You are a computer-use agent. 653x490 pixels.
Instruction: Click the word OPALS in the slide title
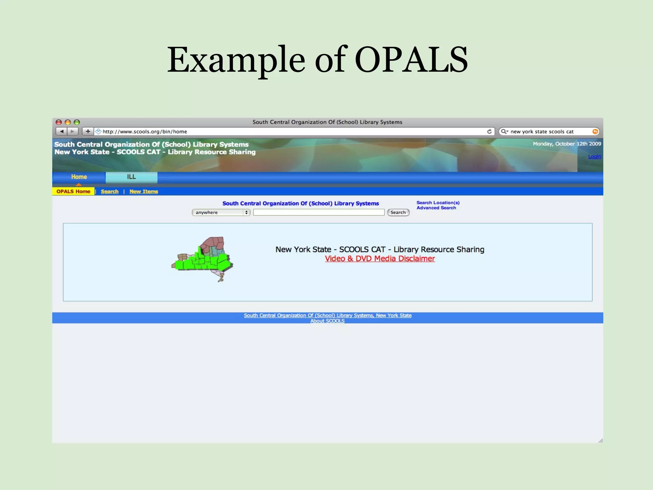[411, 60]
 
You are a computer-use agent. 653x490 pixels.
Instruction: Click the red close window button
[59, 122]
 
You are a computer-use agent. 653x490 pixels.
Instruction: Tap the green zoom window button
[77, 122]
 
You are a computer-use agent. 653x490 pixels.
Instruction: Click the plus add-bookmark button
[88, 131]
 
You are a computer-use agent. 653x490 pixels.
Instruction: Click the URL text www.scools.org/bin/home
[145, 131]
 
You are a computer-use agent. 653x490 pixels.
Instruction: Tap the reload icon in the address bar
[489, 131]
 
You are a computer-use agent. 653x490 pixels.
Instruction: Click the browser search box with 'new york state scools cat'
[545, 131]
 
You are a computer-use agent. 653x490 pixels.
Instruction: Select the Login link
[594, 156]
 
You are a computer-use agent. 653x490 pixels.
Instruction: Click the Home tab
[79, 177]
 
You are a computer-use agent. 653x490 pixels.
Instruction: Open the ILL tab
[131, 177]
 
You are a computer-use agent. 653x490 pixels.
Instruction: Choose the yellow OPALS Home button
[73, 191]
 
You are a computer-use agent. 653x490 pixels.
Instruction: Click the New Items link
[143, 191]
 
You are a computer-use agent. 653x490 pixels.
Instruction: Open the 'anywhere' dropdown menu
[221, 212]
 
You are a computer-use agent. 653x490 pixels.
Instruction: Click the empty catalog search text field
[319, 212]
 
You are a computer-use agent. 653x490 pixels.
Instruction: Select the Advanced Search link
[436, 208]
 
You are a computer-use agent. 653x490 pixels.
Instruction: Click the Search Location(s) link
[438, 203]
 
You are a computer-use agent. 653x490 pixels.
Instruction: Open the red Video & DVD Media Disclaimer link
[380, 259]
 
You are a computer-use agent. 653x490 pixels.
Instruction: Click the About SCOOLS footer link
[327, 321]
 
